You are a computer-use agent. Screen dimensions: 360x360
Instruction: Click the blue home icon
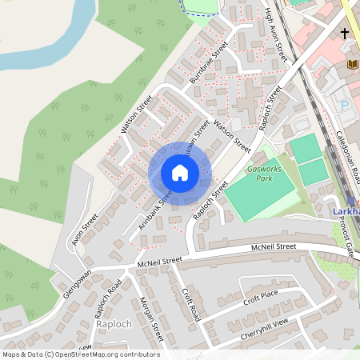[180, 173]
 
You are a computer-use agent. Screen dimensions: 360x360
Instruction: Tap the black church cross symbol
[344, 34]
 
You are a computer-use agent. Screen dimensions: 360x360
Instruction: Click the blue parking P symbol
[346, 105]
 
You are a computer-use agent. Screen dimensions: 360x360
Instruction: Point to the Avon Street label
[84, 230]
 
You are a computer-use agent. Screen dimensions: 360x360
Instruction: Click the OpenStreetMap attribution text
[80, 354]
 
